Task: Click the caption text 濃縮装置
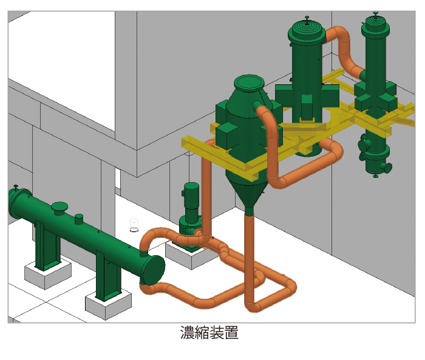[x=209, y=333]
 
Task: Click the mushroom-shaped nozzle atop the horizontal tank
[x=59, y=208]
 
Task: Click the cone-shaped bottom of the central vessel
[x=247, y=191]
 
